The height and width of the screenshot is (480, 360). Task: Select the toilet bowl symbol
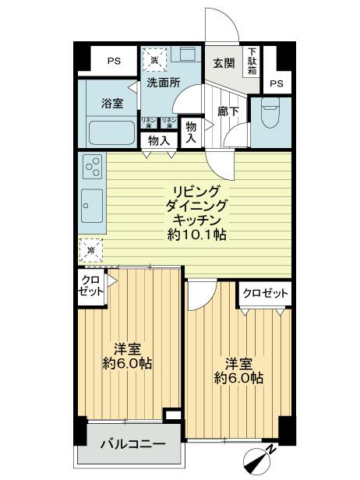coord(269,115)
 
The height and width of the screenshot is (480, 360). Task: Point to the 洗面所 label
coord(164,83)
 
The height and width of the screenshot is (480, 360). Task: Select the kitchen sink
coord(91,204)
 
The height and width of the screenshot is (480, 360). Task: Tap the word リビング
coord(196,192)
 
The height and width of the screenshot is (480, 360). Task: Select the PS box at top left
coord(114,59)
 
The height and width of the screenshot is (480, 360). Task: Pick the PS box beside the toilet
coord(276,83)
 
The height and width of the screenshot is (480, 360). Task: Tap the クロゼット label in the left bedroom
coord(90,286)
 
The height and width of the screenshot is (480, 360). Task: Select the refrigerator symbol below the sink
coord(91,249)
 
